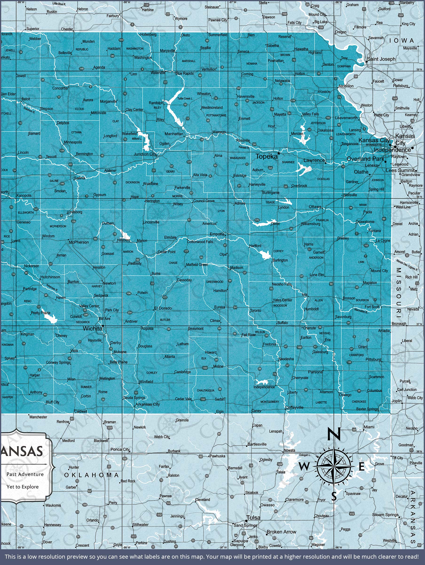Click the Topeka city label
point(266,157)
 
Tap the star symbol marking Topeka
point(279,153)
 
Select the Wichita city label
point(92,329)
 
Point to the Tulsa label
point(254,518)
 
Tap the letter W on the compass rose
point(303,467)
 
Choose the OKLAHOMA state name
point(91,475)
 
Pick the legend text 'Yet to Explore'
point(23,487)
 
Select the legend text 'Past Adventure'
point(25,474)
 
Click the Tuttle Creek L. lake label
point(185,98)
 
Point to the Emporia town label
point(217,234)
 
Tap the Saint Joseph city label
point(381,59)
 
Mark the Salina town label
point(80,178)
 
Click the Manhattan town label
point(174,134)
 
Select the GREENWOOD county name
point(215,282)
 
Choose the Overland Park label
point(365,159)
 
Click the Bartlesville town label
point(257,444)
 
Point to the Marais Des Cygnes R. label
point(407,265)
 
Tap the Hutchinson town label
point(50,277)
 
